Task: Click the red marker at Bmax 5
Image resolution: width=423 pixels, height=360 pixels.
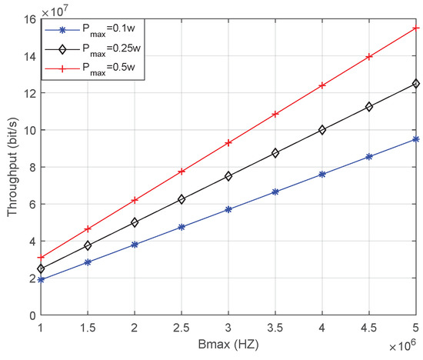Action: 416,28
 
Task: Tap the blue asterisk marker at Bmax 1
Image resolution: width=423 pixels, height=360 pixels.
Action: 41,280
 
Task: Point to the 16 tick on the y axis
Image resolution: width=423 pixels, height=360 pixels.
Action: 29,19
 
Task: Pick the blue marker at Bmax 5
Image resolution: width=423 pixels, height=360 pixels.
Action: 416,139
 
